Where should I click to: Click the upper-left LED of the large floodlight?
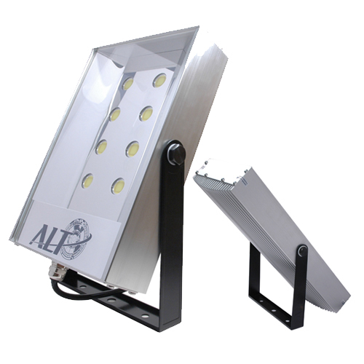(127, 84)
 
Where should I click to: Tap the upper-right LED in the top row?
(160, 80)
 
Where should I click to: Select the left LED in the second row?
(115, 114)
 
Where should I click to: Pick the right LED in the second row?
(146, 114)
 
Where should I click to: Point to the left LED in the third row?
(101, 147)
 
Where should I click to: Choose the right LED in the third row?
(132, 149)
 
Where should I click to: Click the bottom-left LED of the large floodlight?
(88, 180)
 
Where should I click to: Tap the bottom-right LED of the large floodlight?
(118, 186)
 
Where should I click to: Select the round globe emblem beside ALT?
(78, 234)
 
